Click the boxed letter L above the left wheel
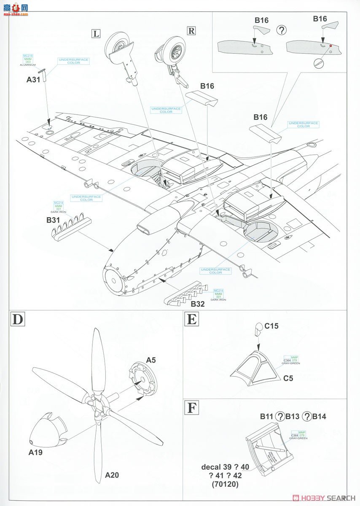point(96,34)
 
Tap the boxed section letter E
point(191,319)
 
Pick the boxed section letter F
point(191,409)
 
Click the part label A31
point(33,79)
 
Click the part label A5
point(151,360)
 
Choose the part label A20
point(112,475)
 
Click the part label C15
point(271,326)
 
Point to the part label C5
point(288,378)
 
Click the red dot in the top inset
point(330,46)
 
